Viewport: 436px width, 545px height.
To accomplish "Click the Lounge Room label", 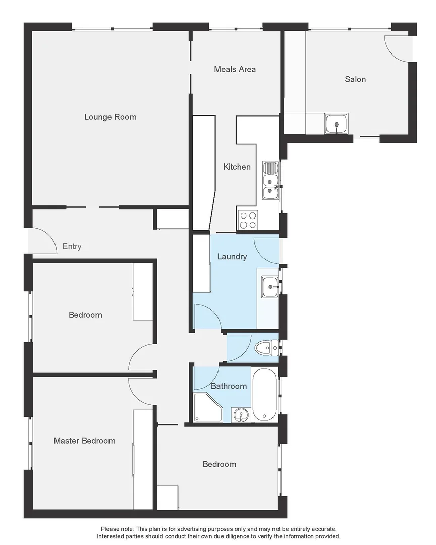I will (110, 117).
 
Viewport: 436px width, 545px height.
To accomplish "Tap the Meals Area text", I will (235, 69).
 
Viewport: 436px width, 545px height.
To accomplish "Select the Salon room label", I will (355, 79).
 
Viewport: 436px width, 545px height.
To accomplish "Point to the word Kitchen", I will (237, 167).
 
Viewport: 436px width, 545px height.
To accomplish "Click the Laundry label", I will (232, 257).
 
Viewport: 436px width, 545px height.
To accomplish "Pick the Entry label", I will (72, 247).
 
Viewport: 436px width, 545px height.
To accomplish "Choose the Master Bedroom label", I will (84, 441).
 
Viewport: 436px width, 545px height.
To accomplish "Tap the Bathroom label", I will (229, 386).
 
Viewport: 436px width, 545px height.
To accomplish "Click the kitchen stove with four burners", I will (248, 220).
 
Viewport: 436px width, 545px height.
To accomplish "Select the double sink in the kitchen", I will (270, 182).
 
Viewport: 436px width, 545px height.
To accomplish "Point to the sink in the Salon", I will (337, 123).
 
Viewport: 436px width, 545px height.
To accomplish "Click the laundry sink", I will (270, 287).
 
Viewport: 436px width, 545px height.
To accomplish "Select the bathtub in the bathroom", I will (264, 394).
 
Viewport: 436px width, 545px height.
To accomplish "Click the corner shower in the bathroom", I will (207, 408).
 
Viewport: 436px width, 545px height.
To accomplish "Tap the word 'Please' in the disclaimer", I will (111, 529).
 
